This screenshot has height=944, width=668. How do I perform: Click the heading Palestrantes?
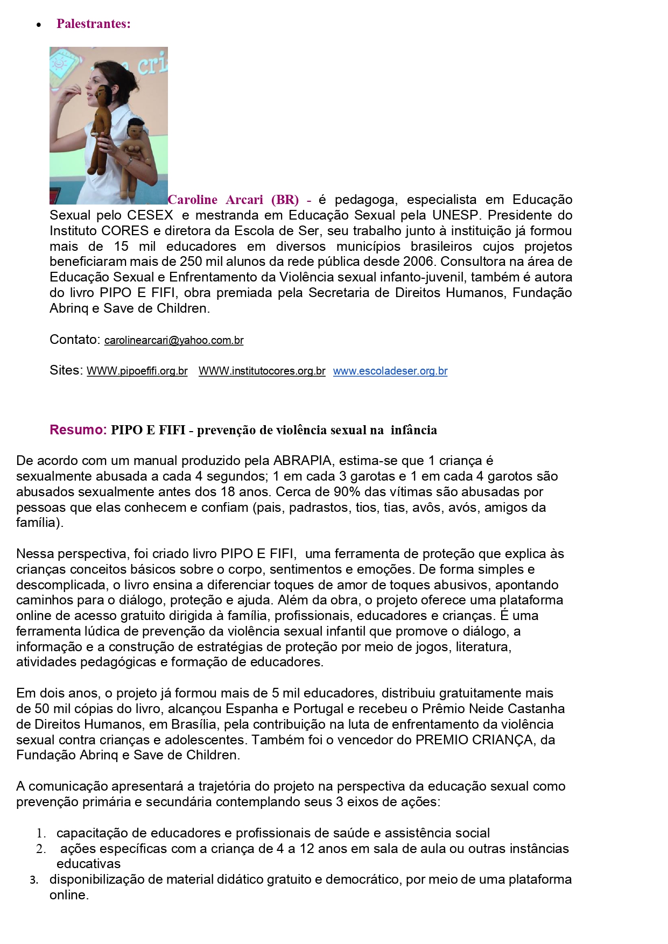(93, 24)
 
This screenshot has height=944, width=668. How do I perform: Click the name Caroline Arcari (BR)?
(233, 200)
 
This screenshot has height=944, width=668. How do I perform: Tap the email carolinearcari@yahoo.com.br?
(174, 341)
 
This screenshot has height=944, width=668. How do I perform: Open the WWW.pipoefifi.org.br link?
(137, 371)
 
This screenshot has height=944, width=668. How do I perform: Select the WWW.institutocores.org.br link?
(262, 371)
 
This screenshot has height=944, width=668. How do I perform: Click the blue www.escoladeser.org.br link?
(390, 371)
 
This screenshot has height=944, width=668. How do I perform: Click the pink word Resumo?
(78, 430)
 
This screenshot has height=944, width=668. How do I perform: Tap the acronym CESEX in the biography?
(150, 215)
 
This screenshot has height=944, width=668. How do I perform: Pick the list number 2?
(41, 849)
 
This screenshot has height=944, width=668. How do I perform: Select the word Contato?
(75, 340)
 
